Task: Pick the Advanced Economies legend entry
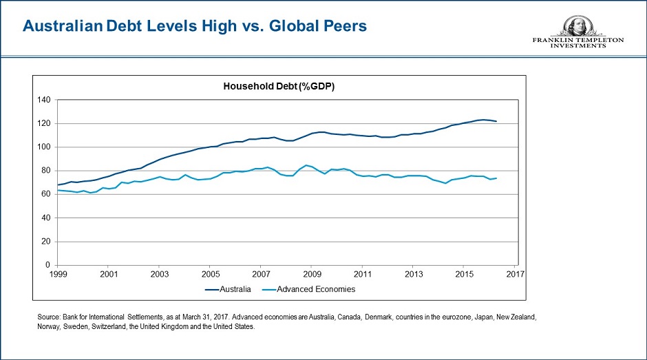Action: (x=316, y=289)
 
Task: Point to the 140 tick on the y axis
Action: (x=45, y=100)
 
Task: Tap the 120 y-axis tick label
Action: (x=45, y=124)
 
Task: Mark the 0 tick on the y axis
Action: (x=49, y=265)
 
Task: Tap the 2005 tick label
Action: (x=210, y=274)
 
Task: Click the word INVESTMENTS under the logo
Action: (x=578, y=45)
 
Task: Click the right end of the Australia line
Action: (x=497, y=122)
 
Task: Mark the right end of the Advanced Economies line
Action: (x=497, y=178)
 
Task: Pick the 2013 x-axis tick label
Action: (x=413, y=274)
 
